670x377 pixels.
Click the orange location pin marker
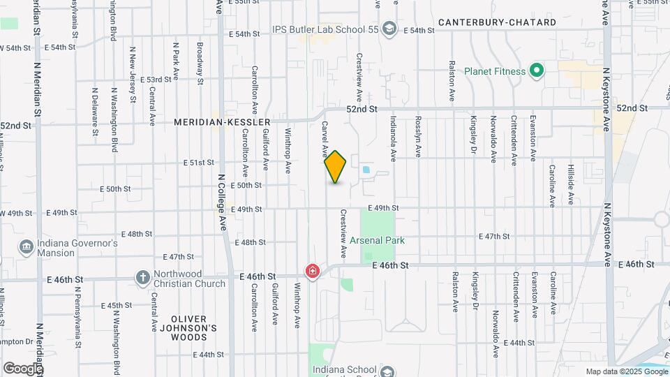coord(336,167)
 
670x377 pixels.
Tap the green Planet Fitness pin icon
coord(536,71)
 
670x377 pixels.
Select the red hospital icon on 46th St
coord(312,270)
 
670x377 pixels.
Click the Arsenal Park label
coord(398,240)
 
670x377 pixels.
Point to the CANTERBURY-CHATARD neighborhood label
coord(497,22)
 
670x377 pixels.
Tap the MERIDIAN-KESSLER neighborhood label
coord(223,122)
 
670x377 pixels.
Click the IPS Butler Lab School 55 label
coord(325,30)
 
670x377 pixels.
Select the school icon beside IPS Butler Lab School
coord(389,29)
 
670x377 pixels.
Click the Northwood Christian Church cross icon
coord(143,278)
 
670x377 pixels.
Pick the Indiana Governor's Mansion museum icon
coord(26,247)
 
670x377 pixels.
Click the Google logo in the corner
coord(23,368)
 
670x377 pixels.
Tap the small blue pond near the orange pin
coord(366,169)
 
